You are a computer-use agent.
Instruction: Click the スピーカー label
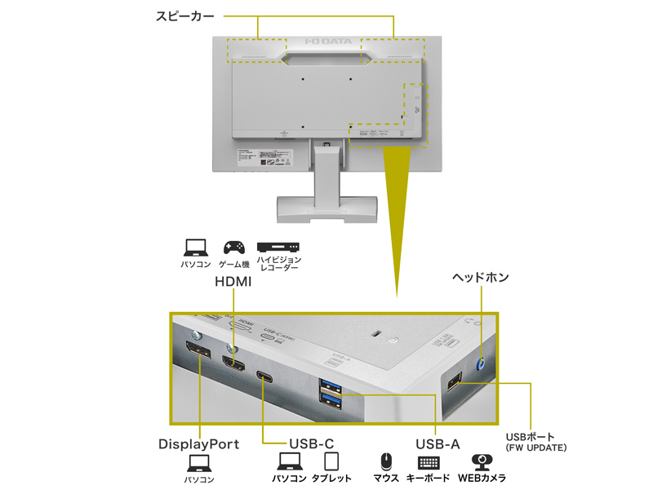coord(185,16)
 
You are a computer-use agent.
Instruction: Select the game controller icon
coord(233,247)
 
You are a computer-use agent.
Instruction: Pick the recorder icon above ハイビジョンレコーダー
coord(278,247)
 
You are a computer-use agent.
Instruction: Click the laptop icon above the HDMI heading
coord(196,247)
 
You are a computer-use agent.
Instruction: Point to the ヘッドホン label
coord(481,278)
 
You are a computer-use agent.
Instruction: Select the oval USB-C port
coord(264,377)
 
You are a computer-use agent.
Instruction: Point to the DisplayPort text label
coord(198,444)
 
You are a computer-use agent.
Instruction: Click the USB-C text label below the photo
coord(309,444)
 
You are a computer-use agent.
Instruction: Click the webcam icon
coord(480,462)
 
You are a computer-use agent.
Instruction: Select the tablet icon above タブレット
coord(331,462)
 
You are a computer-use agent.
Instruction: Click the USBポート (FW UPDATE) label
coord(536,441)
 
